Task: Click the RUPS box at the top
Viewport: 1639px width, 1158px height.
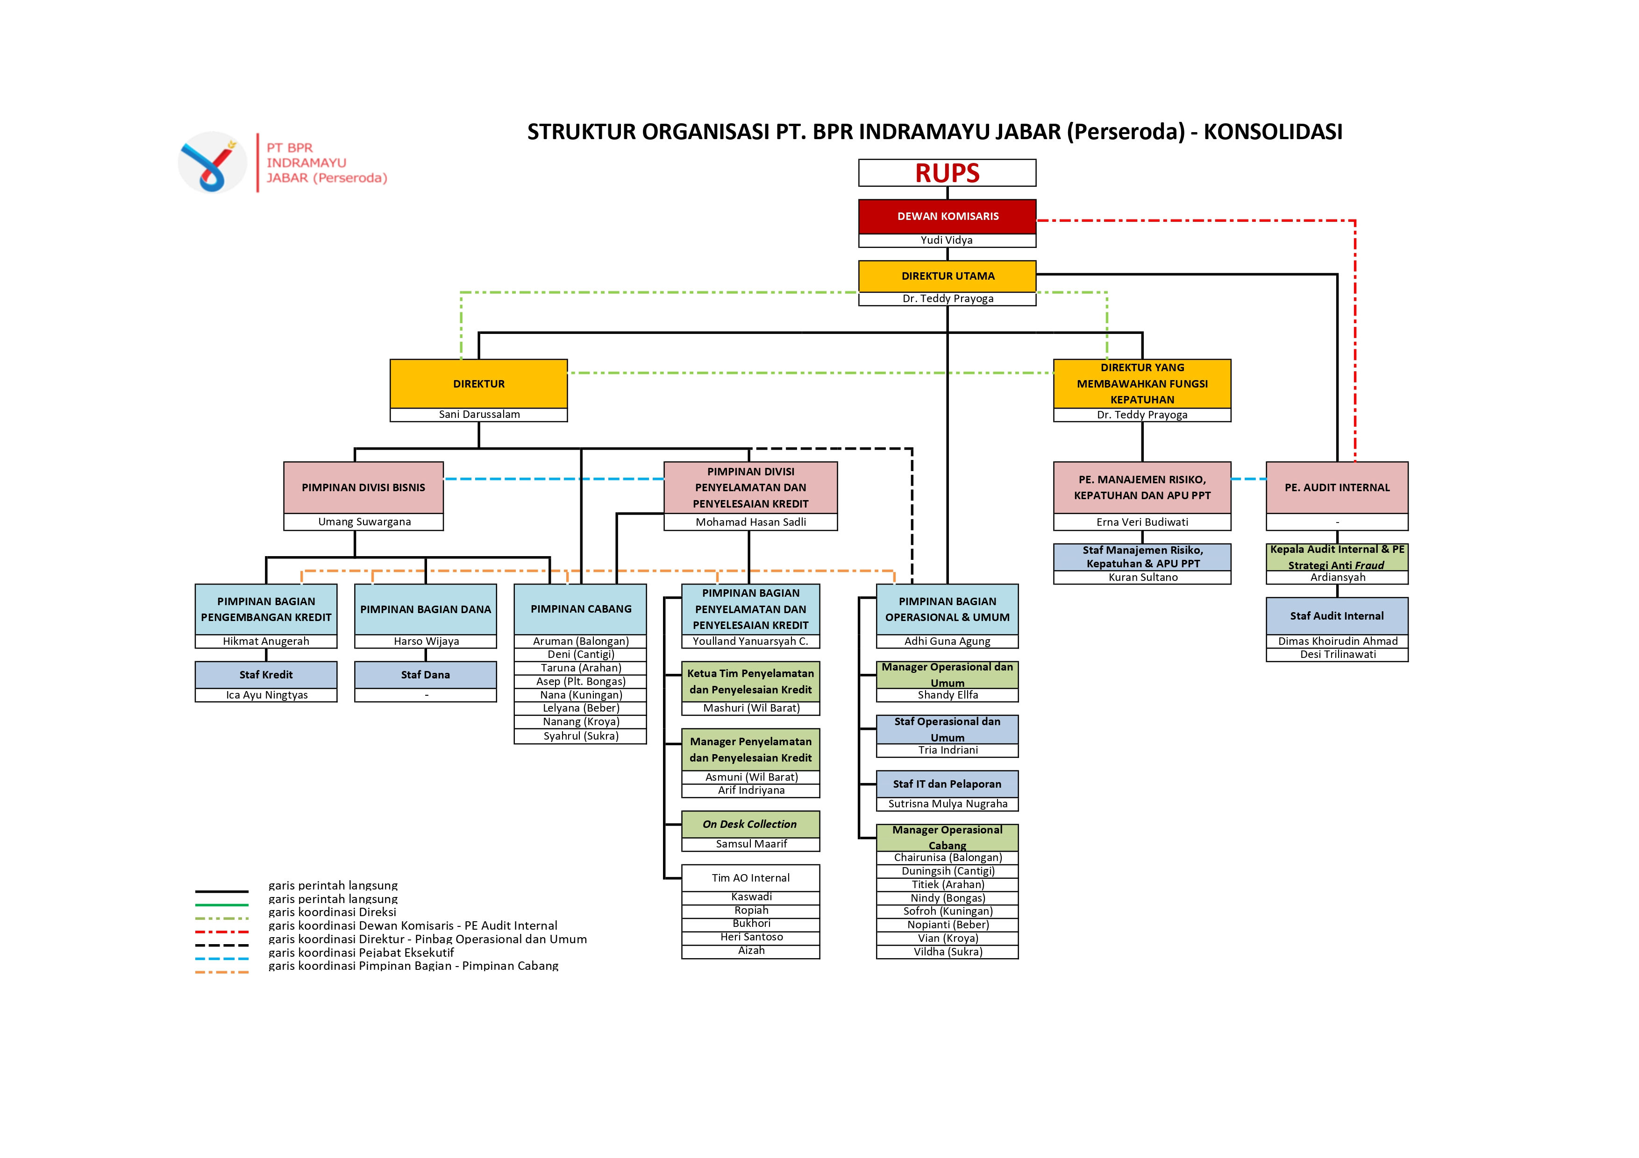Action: point(947,173)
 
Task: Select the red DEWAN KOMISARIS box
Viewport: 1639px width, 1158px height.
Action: point(947,216)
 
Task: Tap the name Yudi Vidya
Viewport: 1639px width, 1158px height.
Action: point(947,240)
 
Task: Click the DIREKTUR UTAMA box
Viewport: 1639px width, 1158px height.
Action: point(947,276)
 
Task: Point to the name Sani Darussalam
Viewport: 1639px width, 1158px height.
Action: point(479,415)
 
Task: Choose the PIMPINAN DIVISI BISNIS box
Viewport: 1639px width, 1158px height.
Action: point(363,487)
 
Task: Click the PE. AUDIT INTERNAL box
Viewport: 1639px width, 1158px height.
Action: point(1337,487)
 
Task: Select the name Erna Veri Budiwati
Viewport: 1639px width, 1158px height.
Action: point(1142,523)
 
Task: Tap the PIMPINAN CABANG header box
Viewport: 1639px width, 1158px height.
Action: point(580,609)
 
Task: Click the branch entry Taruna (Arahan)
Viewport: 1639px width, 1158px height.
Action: point(580,668)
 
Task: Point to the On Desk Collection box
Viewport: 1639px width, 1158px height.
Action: point(750,824)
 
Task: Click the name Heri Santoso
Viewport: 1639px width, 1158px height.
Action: point(751,937)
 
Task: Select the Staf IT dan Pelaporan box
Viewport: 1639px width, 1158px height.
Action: point(947,784)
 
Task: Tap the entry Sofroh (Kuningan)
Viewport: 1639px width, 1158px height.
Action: point(947,911)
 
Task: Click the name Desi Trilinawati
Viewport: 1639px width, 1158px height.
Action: point(1338,654)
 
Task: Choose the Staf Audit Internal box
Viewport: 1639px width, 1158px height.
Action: point(1337,616)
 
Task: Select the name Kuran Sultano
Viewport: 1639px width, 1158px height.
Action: point(1143,577)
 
